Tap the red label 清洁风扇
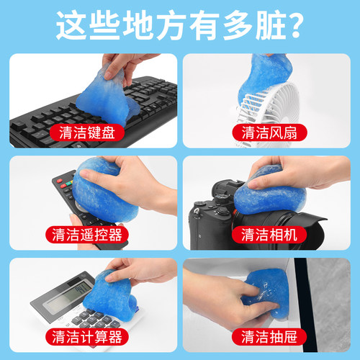coord(263,132)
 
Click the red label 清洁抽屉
coord(263,336)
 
